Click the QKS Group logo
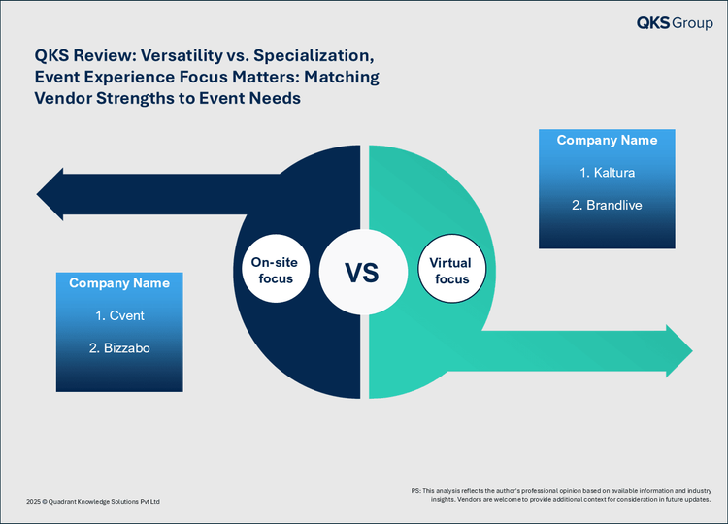point(675,22)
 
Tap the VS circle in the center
point(363,272)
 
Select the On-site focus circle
point(276,270)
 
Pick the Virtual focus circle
point(451,270)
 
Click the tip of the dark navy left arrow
point(37,194)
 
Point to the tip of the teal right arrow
point(692,351)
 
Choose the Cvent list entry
point(119,315)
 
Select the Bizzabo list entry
point(119,348)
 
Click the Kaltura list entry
point(608,173)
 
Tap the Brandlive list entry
point(608,205)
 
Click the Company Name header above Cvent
point(119,283)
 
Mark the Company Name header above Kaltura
point(608,140)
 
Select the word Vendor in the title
point(63,98)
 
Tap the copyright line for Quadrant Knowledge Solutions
point(93,502)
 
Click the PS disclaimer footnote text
point(561,495)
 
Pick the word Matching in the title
point(342,78)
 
